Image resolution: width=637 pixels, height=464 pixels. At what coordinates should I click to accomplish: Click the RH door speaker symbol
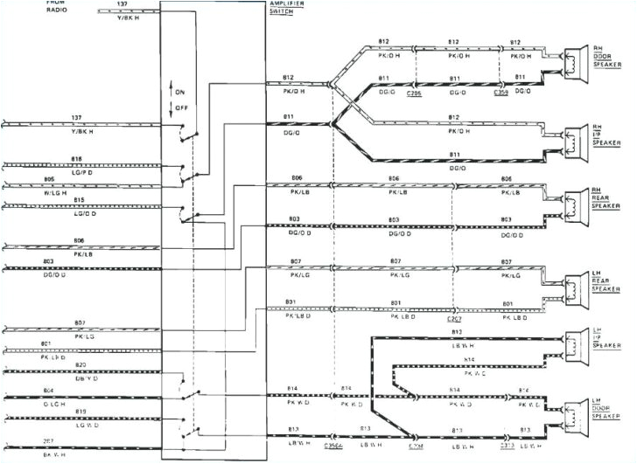click(x=576, y=62)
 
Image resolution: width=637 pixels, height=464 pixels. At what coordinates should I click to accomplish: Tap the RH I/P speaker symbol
click(x=576, y=141)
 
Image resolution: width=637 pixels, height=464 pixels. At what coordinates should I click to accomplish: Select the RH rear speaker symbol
click(x=576, y=207)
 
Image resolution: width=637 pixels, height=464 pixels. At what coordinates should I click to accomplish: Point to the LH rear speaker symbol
click(x=576, y=287)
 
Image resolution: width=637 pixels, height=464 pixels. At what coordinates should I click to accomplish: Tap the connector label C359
click(x=501, y=92)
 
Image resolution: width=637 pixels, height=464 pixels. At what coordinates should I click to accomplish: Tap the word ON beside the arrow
click(x=181, y=92)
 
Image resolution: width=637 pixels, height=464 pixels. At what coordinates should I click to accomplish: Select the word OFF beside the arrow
click(x=181, y=108)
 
